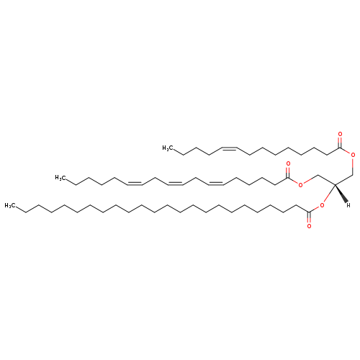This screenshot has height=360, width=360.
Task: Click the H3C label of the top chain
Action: pos(168,148)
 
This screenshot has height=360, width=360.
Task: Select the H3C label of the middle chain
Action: pos(60,178)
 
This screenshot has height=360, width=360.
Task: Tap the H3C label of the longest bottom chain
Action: pos(10,205)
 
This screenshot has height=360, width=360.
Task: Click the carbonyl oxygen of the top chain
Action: pos(340,134)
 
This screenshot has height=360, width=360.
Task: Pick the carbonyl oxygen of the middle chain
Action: pos(288,164)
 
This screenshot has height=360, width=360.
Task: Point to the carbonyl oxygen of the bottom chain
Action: pos(309,226)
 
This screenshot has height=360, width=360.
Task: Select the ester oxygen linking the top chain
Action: pos(353,155)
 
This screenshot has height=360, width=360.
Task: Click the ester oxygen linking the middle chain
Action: pos(301,185)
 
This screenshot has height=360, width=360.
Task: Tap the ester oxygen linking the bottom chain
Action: pos(322,205)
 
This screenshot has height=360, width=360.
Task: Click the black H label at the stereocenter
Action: pos(348,205)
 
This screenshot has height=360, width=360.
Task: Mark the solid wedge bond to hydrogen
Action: pos(341,193)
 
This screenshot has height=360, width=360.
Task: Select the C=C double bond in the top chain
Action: pos(230,148)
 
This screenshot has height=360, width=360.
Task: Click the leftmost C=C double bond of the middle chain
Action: pos(135,183)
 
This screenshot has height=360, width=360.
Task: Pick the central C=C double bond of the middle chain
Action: pos(176,183)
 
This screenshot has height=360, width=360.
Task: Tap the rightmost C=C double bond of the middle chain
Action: pos(216,183)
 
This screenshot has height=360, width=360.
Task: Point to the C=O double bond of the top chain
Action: pos(340,143)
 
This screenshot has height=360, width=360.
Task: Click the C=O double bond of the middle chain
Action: pos(288,172)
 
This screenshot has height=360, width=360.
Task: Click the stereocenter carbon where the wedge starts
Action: pos(335,184)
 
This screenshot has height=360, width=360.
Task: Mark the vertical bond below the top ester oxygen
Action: pos(353,167)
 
